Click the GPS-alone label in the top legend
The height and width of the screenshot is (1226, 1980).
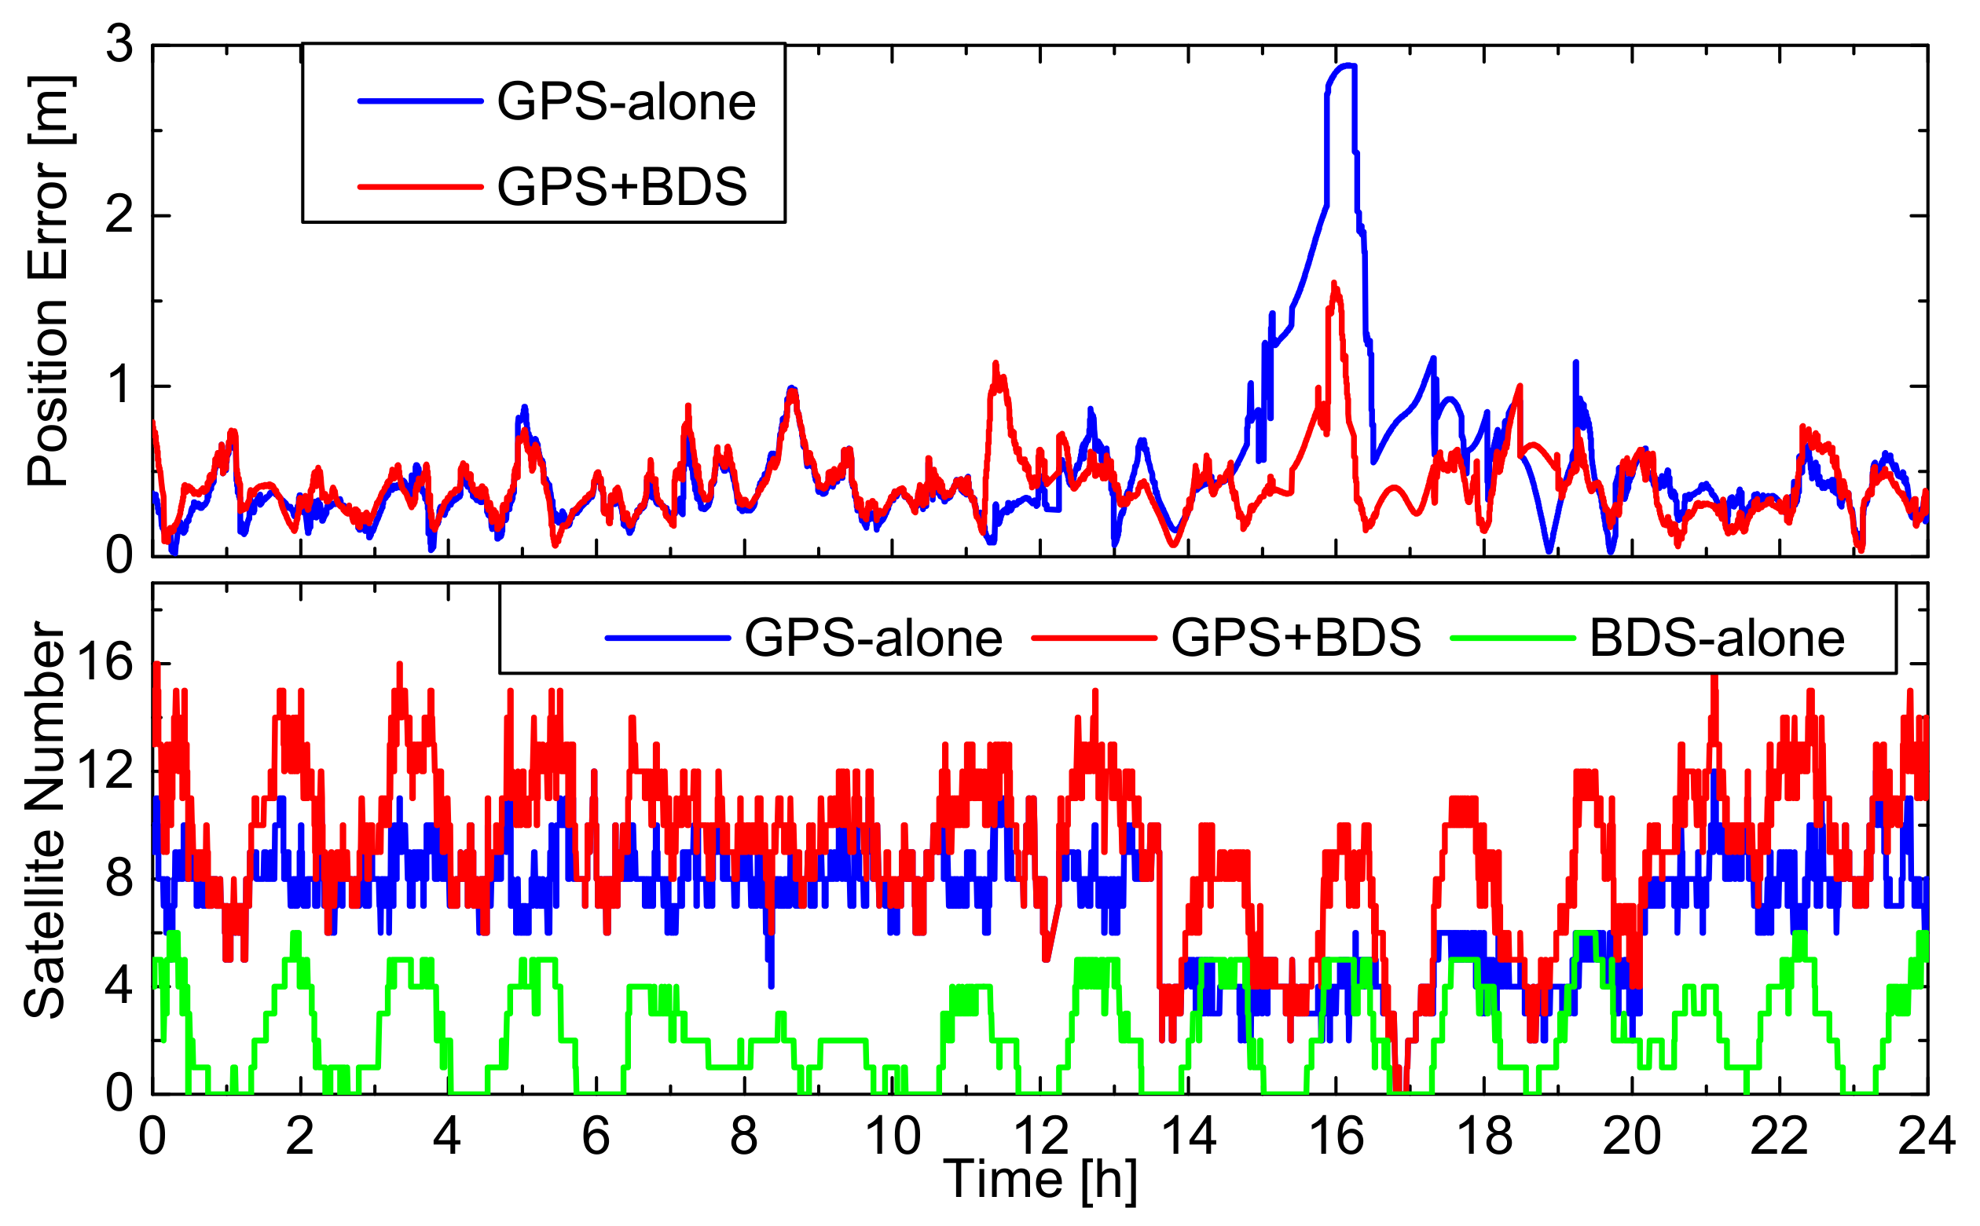click(625, 102)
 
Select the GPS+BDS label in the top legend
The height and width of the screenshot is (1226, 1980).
click(621, 186)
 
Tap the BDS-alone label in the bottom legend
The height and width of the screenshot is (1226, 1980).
click(1716, 639)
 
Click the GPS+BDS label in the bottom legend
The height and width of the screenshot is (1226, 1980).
click(1296, 639)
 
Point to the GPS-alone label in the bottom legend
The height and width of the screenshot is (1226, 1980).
click(873, 639)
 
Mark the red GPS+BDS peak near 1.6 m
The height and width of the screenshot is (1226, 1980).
click(1334, 284)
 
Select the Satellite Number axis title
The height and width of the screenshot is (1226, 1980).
click(45, 821)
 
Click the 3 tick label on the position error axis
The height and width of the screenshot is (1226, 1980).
click(119, 44)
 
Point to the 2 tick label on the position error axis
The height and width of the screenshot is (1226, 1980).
click(119, 216)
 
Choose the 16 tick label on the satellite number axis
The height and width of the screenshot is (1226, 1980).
click(104, 664)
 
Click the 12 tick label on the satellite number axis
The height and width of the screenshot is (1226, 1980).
click(104, 770)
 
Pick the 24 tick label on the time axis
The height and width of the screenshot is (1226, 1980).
click(1927, 1136)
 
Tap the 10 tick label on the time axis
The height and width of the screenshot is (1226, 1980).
click(893, 1136)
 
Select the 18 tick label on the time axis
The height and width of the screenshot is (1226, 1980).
click(1484, 1136)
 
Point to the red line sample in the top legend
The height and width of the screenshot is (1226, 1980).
click(420, 186)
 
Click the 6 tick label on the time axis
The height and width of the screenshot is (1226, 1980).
click(596, 1136)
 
